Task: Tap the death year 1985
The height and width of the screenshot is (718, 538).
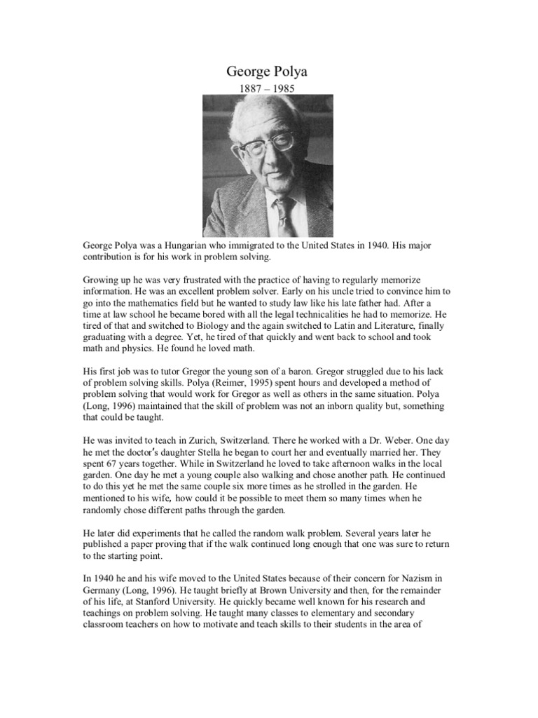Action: pos(284,88)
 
